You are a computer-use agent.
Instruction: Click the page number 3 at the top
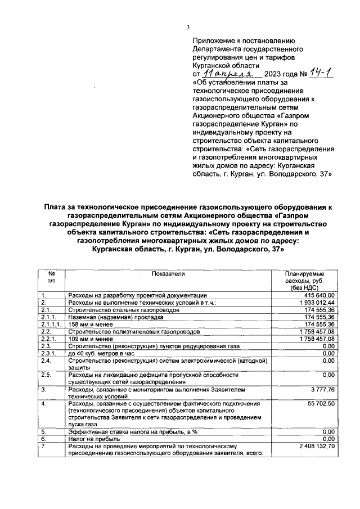[x=188, y=29]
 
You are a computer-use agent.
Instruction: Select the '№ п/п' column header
[x=52, y=277]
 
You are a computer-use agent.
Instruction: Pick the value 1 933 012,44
[x=315, y=302]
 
